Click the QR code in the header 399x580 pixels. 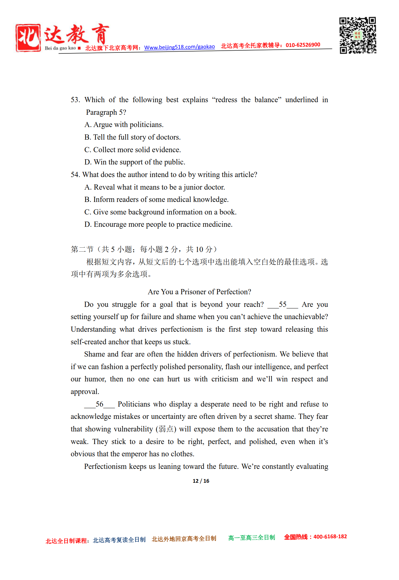click(x=358, y=35)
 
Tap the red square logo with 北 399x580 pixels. click(x=28, y=38)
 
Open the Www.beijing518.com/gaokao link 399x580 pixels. click(x=179, y=47)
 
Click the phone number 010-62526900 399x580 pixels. click(x=303, y=45)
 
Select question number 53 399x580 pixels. click(x=75, y=100)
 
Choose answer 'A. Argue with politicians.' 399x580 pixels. click(x=124, y=125)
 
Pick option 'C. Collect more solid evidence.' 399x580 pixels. click(x=132, y=150)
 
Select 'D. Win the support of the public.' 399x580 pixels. click(x=135, y=162)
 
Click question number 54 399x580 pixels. click(x=75, y=175)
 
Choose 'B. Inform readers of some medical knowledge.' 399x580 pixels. click(x=156, y=199)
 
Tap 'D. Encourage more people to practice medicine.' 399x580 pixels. click(x=158, y=224)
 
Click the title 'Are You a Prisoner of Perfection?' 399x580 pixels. click(x=199, y=292)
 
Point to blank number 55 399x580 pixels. click(x=283, y=304)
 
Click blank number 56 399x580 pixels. click(x=100, y=404)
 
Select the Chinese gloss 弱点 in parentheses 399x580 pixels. click(x=166, y=429)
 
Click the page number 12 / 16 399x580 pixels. click(x=201, y=481)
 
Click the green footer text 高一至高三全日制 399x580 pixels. click(x=252, y=538)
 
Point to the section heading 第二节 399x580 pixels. click(x=82, y=249)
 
